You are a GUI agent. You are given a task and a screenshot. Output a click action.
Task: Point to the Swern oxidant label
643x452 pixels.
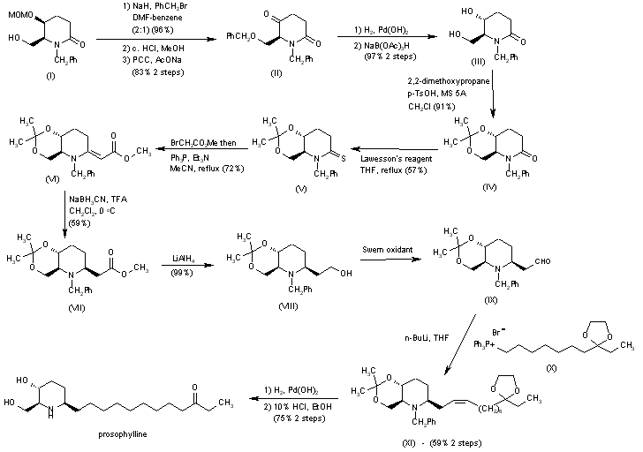(x=388, y=250)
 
